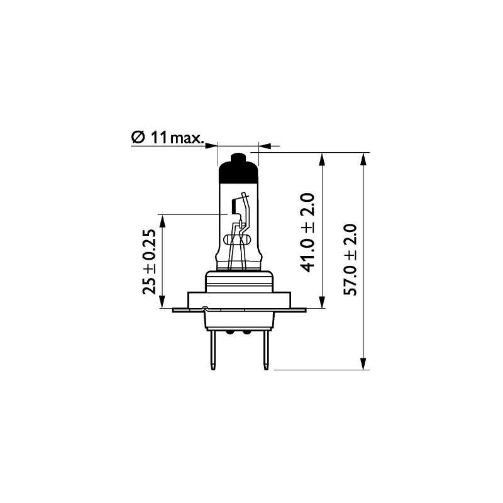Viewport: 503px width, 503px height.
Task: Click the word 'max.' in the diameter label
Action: pyautogui.click(x=187, y=138)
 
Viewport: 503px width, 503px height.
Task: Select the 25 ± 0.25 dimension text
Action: pyautogui.click(x=149, y=262)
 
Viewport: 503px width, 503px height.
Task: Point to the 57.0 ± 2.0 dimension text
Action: pyautogui.click(x=350, y=259)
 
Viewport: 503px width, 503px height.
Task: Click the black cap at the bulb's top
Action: pyautogui.click(x=238, y=168)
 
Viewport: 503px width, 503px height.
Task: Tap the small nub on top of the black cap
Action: pyautogui.click(x=238, y=156)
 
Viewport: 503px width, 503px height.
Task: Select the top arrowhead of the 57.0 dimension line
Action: pyautogui.click(x=363, y=158)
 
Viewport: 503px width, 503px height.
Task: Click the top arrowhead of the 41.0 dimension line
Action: pyautogui.click(x=323, y=158)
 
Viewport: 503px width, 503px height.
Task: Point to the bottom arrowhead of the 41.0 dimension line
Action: pyautogui.click(x=323, y=302)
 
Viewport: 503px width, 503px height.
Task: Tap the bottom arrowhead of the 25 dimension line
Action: pyautogui.click(x=163, y=302)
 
